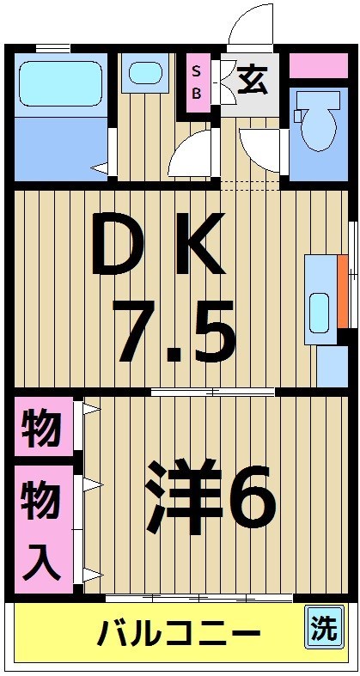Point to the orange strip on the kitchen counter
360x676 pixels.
[343, 291]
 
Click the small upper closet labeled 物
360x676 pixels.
[41, 427]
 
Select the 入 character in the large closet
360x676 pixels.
[41, 559]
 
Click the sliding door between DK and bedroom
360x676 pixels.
[213, 392]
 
